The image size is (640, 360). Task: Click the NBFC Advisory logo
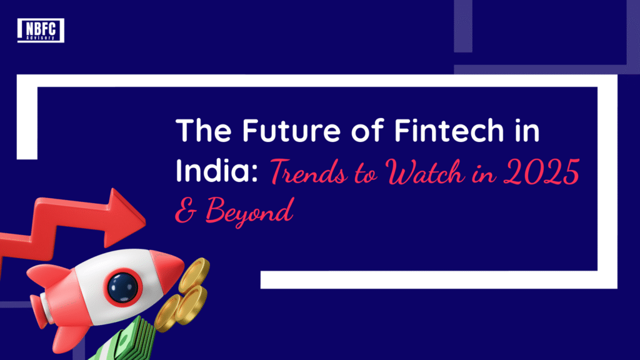[41, 30]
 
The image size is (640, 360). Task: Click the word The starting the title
[200, 134]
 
